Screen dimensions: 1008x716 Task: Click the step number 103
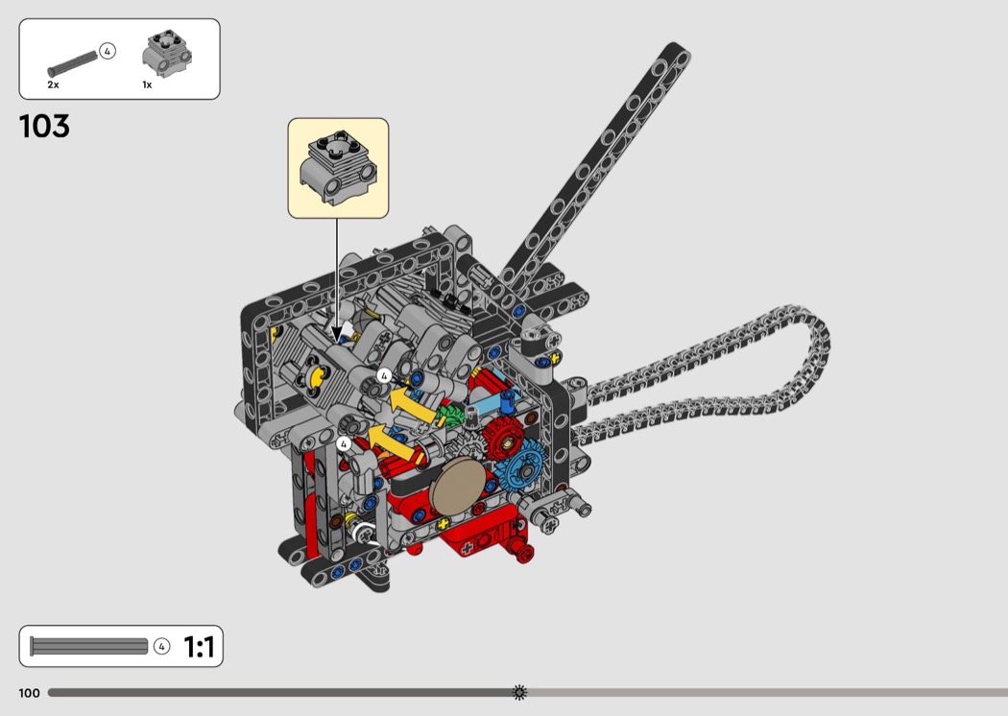pyautogui.click(x=44, y=126)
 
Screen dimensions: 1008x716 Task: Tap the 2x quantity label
pyautogui.click(x=53, y=84)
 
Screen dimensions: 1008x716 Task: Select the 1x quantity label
pyautogui.click(x=147, y=84)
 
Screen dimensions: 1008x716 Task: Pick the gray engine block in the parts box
pyautogui.click(x=167, y=54)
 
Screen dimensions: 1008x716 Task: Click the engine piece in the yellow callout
pyautogui.click(x=338, y=167)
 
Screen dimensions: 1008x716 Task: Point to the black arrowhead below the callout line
pyautogui.click(x=336, y=334)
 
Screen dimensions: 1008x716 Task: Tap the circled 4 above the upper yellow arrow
pyautogui.click(x=384, y=376)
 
